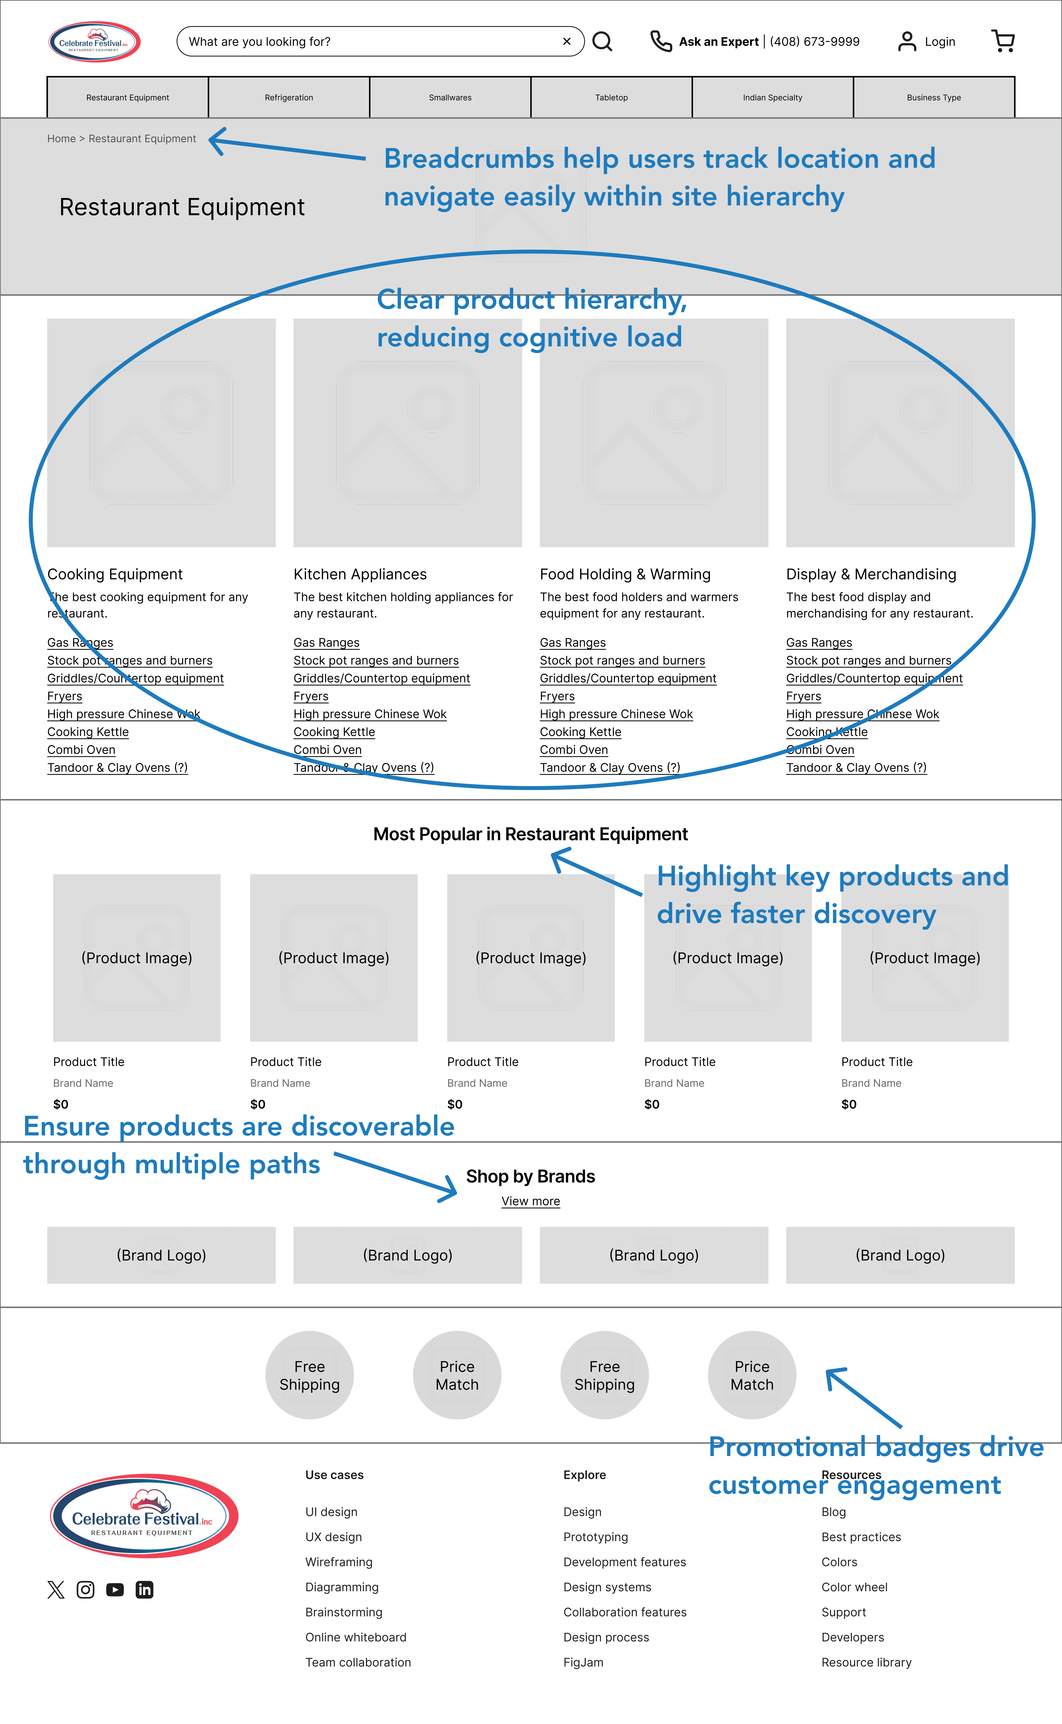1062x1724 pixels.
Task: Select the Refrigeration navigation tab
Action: point(289,98)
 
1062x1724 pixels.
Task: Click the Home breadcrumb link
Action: point(61,139)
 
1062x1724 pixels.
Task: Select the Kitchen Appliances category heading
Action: point(360,574)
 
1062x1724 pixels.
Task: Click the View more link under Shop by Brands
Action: point(530,1201)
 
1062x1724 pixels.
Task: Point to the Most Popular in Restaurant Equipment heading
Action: point(530,834)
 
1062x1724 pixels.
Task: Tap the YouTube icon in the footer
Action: point(115,1590)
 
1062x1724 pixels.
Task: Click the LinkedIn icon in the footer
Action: point(145,1590)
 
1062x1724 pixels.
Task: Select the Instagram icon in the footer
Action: point(86,1590)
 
